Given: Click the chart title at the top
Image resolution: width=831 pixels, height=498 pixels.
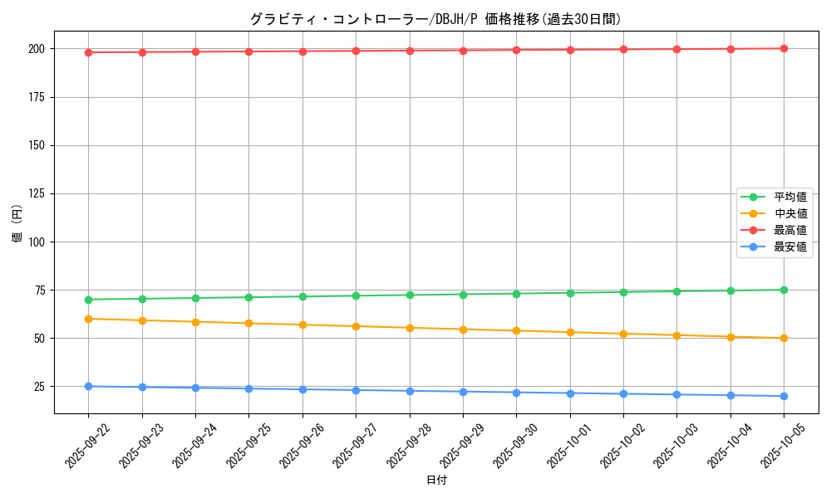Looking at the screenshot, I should pos(435,19).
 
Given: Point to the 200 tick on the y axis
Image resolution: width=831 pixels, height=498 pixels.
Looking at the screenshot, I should pos(38,49).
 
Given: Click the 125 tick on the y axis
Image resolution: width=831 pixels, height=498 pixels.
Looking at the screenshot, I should pos(38,193).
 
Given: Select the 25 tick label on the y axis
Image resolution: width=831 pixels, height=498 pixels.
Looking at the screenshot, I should pos(41,387).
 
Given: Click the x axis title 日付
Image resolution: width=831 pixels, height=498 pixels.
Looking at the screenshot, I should pos(435,481).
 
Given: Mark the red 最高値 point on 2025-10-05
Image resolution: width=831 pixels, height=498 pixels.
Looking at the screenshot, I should pos(784,48).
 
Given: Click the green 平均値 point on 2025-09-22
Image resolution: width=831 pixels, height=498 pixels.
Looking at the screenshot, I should pos(88,300).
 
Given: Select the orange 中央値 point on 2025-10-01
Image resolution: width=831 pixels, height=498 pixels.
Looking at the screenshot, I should pos(570,332).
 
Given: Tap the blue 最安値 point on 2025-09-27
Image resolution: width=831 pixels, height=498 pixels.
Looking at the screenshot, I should pos(356,390).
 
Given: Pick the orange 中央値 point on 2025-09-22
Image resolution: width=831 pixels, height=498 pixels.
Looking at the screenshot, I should pos(88,319).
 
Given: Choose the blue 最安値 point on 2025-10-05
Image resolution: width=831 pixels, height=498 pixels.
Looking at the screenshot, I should pos(784,396).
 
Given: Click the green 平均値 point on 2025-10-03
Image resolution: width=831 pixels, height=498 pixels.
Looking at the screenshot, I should pos(676,291).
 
